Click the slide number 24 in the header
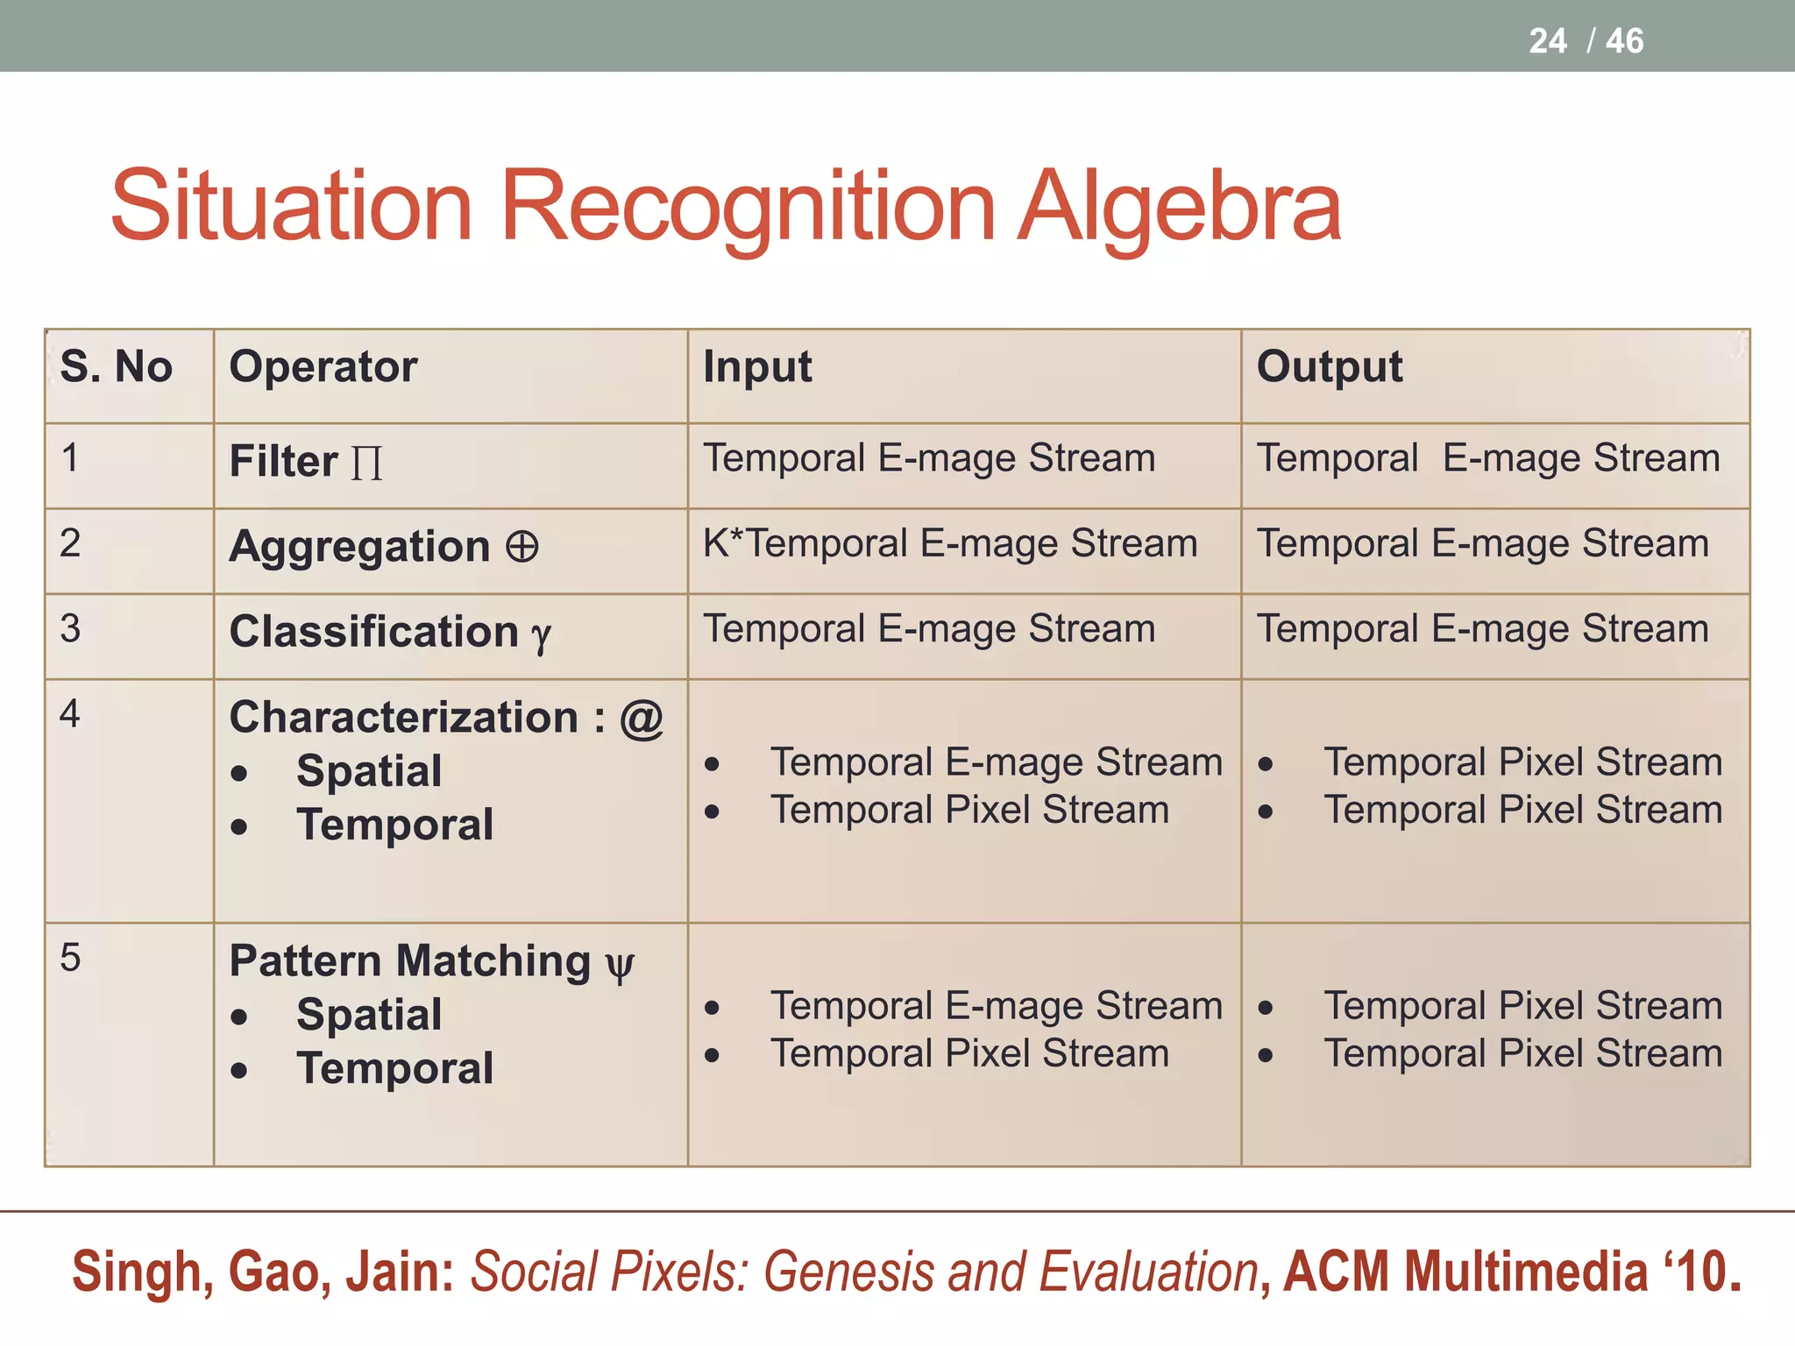pyautogui.click(x=1547, y=41)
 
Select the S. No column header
pyautogui.click(x=116, y=366)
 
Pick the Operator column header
pyautogui.click(x=323, y=366)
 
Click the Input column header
pyautogui.click(x=757, y=366)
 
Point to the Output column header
pyautogui.click(x=1329, y=366)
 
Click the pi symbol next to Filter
pyautogui.click(x=366, y=463)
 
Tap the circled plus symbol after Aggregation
pyautogui.click(x=521, y=547)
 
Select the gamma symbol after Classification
pyautogui.click(x=542, y=634)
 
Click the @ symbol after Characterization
pyautogui.click(x=642, y=718)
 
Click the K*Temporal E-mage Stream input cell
pyautogui.click(x=950, y=543)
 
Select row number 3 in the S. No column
pyautogui.click(x=70, y=628)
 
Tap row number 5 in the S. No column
pyautogui.click(x=70, y=957)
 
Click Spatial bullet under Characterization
pyautogui.click(x=368, y=771)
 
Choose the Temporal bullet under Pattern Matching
pyautogui.click(x=394, y=1068)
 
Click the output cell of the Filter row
pyautogui.click(x=1488, y=458)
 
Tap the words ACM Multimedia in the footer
pyautogui.click(x=1465, y=1272)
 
